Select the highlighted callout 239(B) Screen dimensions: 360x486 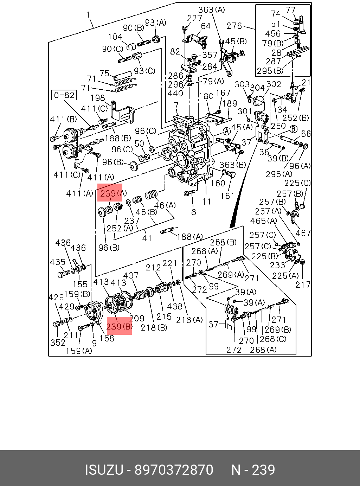click(x=119, y=327)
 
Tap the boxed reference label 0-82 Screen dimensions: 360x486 click(x=64, y=95)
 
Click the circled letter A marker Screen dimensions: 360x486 click(x=227, y=132)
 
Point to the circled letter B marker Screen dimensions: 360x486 click(x=294, y=129)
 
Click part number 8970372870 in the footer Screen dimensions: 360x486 click(x=174, y=469)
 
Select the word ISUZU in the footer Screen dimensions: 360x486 click(x=104, y=469)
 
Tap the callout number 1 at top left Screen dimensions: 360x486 click(x=88, y=15)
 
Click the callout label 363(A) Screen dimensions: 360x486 click(x=211, y=10)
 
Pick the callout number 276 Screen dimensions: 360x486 click(x=234, y=26)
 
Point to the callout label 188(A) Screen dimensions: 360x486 click(x=190, y=237)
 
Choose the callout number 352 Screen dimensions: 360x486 click(x=58, y=343)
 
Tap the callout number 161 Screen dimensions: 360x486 click(x=228, y=196)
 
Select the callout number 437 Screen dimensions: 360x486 click(x=131, y=275)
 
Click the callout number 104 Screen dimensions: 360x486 click(x=115, y=36)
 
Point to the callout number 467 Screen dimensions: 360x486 click(x=303, y=233)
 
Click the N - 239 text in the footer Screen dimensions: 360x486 click(x=253, y=469)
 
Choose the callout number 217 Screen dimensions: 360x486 click(x=303, y=284)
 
